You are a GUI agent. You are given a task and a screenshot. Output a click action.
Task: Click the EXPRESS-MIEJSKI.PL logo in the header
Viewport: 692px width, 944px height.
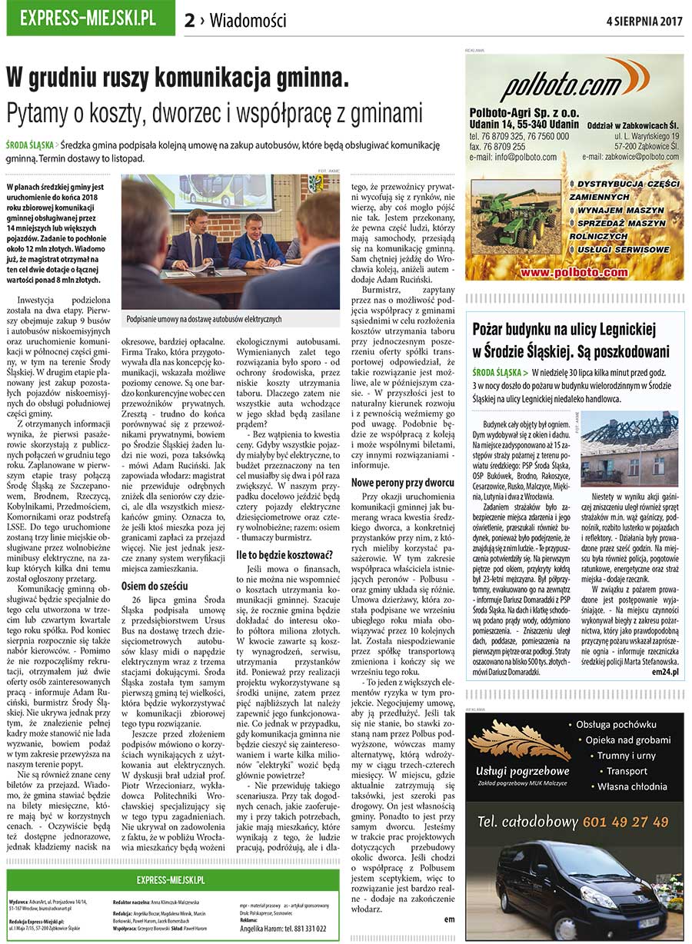90,18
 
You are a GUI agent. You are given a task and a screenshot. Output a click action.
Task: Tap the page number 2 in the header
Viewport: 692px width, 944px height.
190,21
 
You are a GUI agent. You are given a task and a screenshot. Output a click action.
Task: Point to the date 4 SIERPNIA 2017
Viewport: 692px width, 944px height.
644,20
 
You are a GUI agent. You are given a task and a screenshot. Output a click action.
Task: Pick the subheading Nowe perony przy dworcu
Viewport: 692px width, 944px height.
402,483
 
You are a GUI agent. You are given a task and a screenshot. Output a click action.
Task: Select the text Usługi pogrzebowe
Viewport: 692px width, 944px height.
522,771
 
